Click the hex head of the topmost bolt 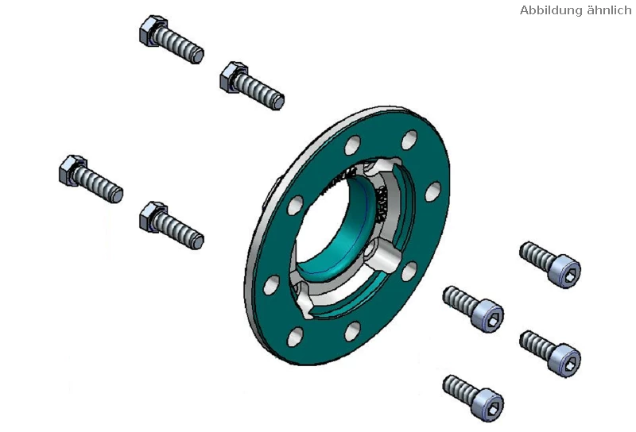pos(151,30)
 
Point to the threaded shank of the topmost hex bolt pos(179,44)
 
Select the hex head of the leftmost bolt pos(72,170)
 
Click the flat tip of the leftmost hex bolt pos(117,195)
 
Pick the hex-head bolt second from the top pos(252,86)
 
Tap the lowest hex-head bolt pos(171,226)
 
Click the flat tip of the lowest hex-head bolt pos(197,242)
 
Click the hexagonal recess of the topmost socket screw pos(570,277)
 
